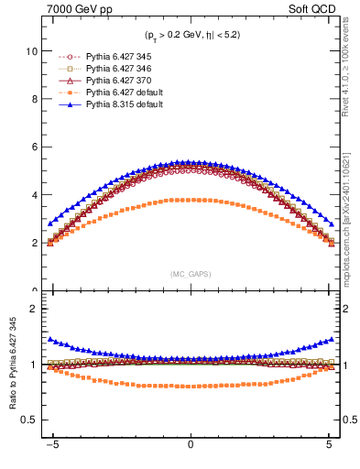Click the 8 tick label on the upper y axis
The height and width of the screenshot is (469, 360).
click(33, 100)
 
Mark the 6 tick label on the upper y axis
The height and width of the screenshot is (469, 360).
click(33, 147)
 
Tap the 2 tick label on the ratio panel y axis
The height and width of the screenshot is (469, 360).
click(33, 309)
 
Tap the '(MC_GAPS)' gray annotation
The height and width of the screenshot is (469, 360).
click(190, 273)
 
